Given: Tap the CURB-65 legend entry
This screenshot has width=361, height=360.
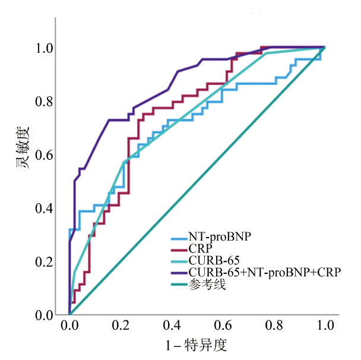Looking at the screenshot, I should [211, 260].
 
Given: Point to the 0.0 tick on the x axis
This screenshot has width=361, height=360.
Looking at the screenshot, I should [69, 326].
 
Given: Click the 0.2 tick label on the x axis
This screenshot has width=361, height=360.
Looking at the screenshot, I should [121, 326].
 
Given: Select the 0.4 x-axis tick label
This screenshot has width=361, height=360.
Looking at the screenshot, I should [172, 326].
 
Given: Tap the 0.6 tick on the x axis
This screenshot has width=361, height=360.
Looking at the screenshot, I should [223, 326].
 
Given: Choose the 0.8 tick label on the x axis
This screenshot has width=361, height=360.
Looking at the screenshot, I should [274, 326].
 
